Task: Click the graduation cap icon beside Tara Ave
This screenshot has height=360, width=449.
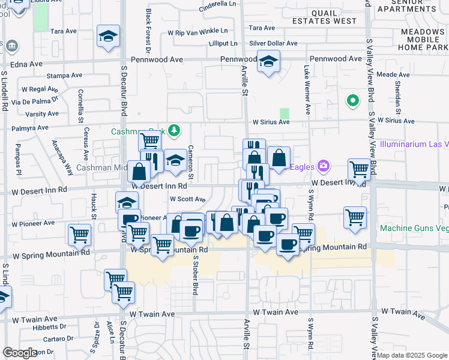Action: [x=109, y=37]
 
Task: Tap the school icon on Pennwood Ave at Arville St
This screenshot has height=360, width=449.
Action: [x=268, y=61]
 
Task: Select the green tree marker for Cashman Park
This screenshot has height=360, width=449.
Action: [x=174, y=131]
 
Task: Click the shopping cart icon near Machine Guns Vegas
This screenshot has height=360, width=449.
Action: [x=355, y=217]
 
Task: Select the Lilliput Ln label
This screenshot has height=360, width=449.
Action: [x=223, y=43]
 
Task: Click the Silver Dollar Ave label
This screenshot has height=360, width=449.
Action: [x=273, y=43]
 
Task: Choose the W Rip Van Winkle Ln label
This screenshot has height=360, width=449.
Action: [x=198, y=31]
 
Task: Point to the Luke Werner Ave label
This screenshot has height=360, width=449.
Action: [x=307, y=91]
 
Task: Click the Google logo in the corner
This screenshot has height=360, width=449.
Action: [x=20, y=353]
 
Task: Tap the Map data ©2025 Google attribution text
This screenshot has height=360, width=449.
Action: [x=411, y=355]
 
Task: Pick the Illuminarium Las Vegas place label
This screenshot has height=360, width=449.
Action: [x=414, y=145]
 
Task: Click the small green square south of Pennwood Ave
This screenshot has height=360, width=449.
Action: [x=284, y=113]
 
